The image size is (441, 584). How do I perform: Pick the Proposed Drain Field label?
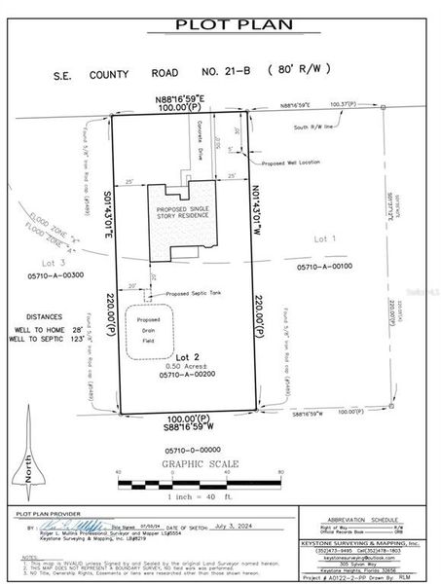click(x=148, y=333)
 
